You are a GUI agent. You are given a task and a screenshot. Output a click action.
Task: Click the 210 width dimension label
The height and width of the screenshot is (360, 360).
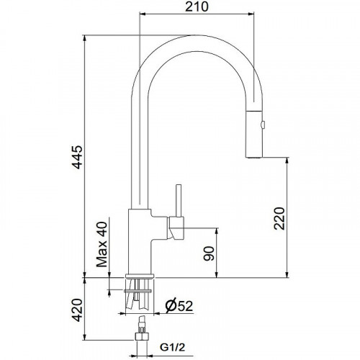pos(192,7)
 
